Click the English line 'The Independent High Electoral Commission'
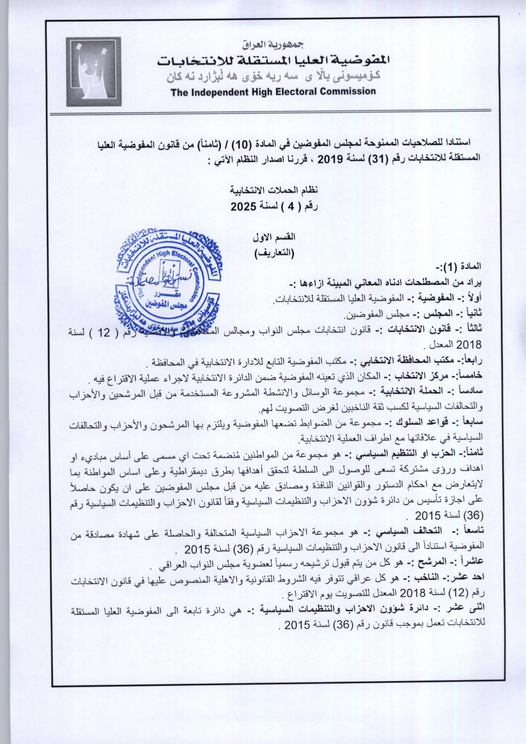[273, 91]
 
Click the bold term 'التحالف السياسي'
[413, 532]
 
